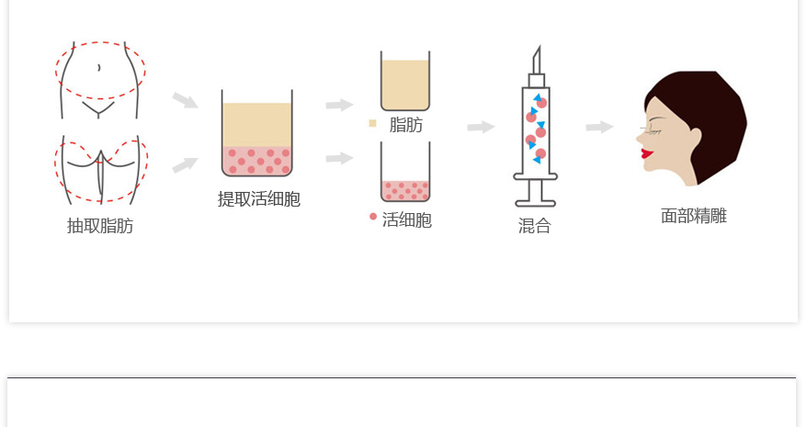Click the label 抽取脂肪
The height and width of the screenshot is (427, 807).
pos(100,225)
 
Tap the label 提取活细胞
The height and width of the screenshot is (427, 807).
pos(259,198)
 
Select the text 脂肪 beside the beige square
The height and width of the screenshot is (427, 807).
pos(406,125)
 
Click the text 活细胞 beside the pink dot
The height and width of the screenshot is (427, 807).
pos(406,219)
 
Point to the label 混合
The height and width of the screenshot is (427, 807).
pos(535,225)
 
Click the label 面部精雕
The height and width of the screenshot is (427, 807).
pos(694,216)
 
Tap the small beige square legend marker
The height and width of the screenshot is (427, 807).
pos(372,123)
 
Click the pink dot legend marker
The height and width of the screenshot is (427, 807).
pos(373,217)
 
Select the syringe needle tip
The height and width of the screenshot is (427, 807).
pos(539,46)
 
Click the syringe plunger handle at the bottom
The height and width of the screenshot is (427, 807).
pos(535,203)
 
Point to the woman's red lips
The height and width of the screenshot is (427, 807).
pos(647,152)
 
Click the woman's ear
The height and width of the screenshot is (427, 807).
pos(694,138)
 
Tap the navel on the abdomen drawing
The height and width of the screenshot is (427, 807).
pos(99,67)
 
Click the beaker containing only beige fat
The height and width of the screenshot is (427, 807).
pos(405,81)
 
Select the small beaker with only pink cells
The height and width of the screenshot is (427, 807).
pos(405,172)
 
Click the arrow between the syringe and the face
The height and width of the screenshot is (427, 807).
pos(599,127)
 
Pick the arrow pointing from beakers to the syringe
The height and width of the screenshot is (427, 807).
pos(482,127)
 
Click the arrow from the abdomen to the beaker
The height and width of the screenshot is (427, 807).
pos(185,100)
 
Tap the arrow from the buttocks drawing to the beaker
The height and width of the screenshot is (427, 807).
pos(185,165)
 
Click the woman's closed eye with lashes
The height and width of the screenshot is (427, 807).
pos(651,130)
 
